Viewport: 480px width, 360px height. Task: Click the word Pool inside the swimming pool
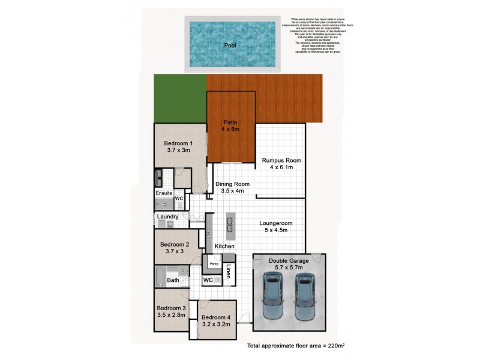230,46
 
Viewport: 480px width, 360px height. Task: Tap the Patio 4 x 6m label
231,125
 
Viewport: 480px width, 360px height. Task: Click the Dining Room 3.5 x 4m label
233,188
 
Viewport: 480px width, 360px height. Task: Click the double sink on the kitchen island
229,224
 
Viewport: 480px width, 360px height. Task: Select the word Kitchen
224,247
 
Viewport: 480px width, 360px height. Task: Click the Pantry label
212,263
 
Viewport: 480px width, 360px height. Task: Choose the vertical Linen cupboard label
229,272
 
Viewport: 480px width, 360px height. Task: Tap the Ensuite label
164,193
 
